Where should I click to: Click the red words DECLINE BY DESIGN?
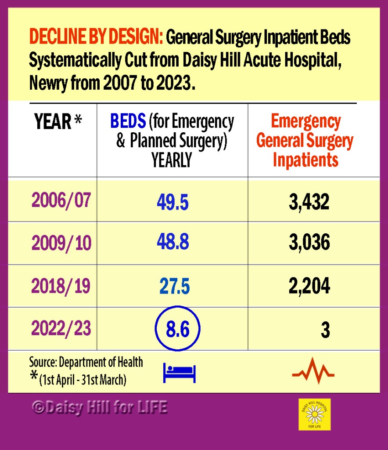[95, 38]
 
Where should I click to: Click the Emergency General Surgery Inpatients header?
[305, 141]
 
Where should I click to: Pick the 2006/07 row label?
[61, 200]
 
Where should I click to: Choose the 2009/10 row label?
[61, 243]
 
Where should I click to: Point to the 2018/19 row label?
[61, 286]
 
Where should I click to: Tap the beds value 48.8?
[172, 243]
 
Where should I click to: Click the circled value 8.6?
[177, 329]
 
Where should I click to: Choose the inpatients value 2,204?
[309, 286]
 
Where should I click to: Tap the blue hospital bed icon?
[179, 373]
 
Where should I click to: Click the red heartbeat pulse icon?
[313, 371]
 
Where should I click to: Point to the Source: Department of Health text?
[86, 362]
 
